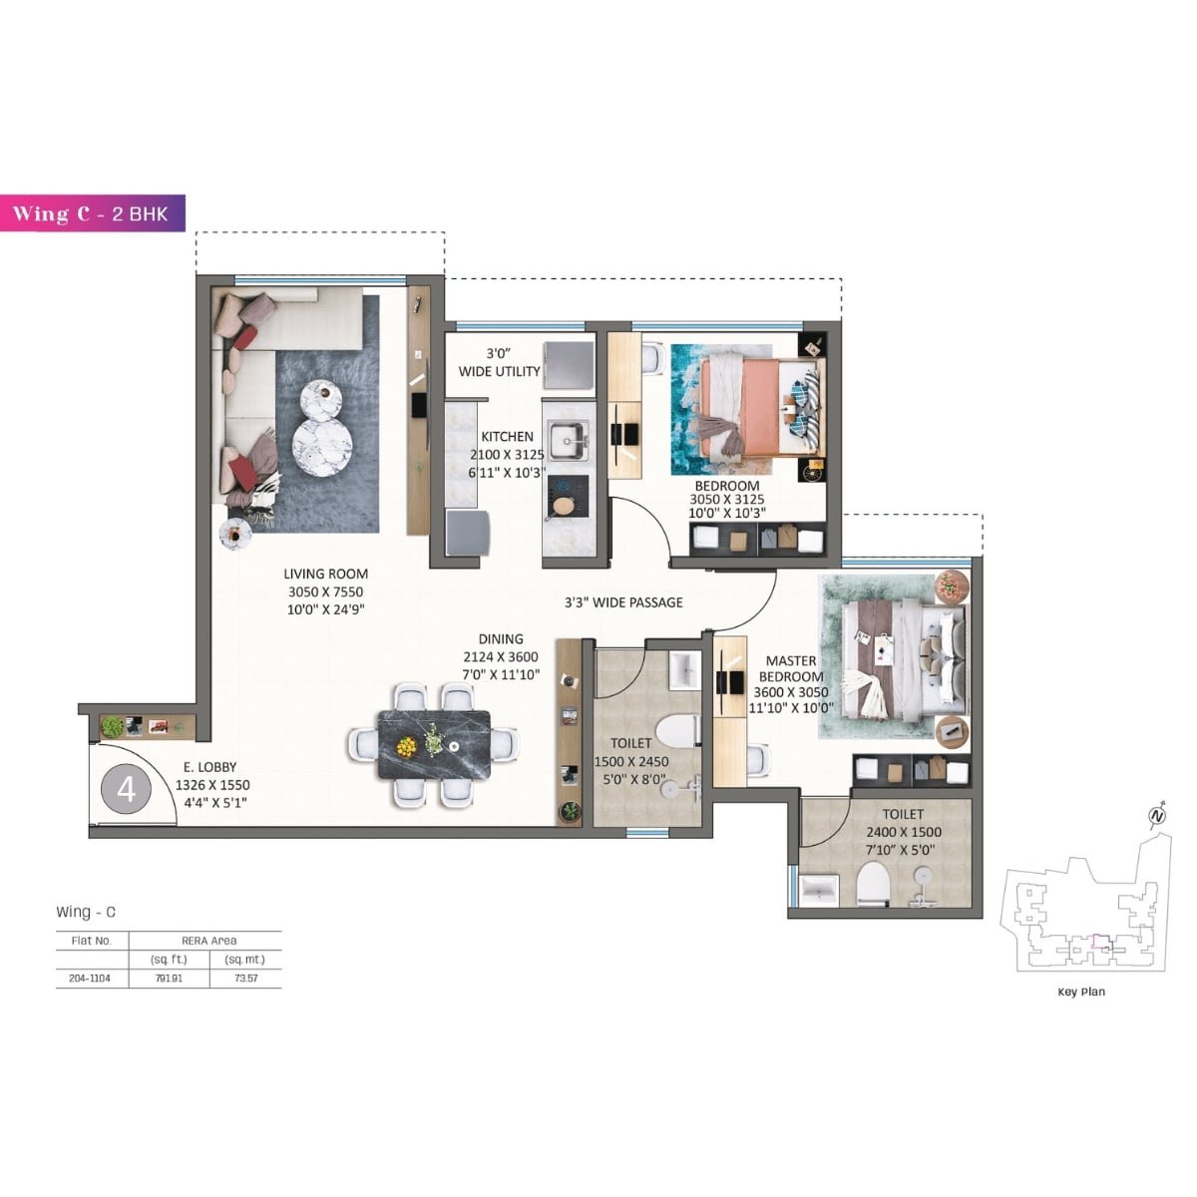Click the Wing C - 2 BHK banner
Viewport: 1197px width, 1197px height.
click(x=93, y=213)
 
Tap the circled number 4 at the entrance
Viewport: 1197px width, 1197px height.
click(x=126, y=790)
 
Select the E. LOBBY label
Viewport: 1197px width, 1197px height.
click(x=209, y=767)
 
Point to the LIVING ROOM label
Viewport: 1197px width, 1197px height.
click(x=325, y=574)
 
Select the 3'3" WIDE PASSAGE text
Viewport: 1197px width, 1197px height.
click(x=623, y=602)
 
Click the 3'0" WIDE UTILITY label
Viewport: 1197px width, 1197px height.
click(x=499, y=362)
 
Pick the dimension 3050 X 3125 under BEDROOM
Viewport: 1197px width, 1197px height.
click(x=727, y=500)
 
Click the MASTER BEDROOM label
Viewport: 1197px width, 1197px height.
click(x=791, y=668)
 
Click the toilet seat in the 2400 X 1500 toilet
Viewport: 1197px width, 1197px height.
click(x=873, y=883)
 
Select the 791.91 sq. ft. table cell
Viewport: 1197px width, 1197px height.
click(x=169, y=979)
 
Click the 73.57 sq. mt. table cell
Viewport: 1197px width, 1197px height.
click(x=244, y=979)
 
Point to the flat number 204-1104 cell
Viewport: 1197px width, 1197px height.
click(x=91, y=979)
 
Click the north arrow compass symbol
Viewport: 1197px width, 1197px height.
click(x=1157, y=815)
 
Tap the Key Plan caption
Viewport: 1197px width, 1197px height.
click(x=1081, y=992)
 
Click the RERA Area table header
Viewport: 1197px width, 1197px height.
click(x=208, y=941)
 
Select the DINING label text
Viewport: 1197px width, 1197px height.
click(x=500, y=639)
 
